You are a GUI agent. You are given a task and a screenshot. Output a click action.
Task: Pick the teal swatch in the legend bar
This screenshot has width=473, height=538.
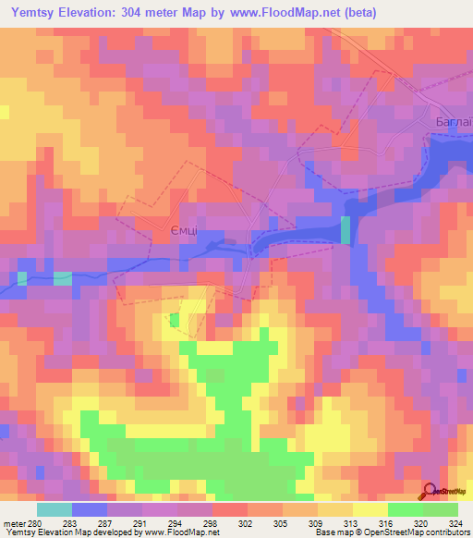55,509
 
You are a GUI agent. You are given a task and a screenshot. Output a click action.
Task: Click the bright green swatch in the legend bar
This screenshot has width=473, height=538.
406,509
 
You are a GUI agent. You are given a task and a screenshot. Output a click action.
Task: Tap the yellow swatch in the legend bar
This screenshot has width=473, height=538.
370,509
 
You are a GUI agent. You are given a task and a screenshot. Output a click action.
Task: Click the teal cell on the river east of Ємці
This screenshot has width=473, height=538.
346,229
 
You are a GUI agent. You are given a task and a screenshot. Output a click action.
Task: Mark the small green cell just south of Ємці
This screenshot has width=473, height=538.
175,320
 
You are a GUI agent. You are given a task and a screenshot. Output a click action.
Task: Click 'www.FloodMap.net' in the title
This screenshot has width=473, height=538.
279,11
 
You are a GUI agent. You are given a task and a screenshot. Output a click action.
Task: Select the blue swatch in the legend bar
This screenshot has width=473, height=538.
90,509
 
